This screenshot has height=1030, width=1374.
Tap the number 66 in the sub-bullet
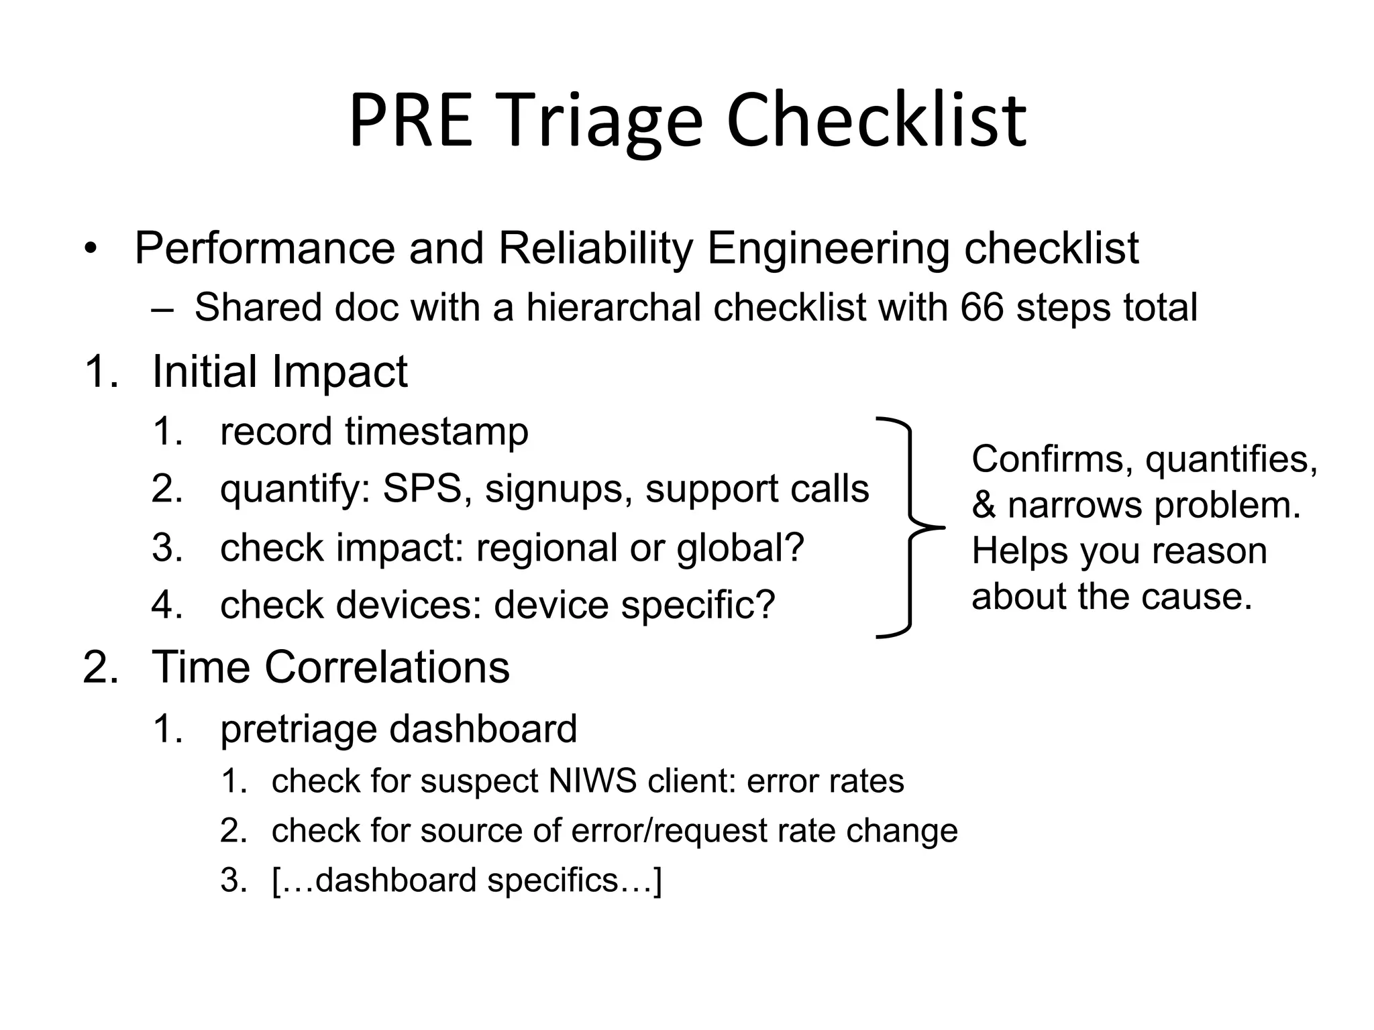pyautogui.click(x=982, y=308)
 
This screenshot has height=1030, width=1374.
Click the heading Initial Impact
pyautogui.click(x=279, y=372)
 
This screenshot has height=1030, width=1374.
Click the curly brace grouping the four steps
pyautogui.click(x=910, y=527)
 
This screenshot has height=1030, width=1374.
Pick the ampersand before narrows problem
pyautogui.click(x=984, y=506)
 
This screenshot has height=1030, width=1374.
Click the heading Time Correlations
pyautogui.click(x=330, y=668)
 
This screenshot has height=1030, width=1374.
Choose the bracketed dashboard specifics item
pyautogui.click(x=467, y=880)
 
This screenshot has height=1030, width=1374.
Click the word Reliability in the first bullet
pyautogui.click(x=595, y=249)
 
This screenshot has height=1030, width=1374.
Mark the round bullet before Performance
pyautogui.click(x=91, y=250)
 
